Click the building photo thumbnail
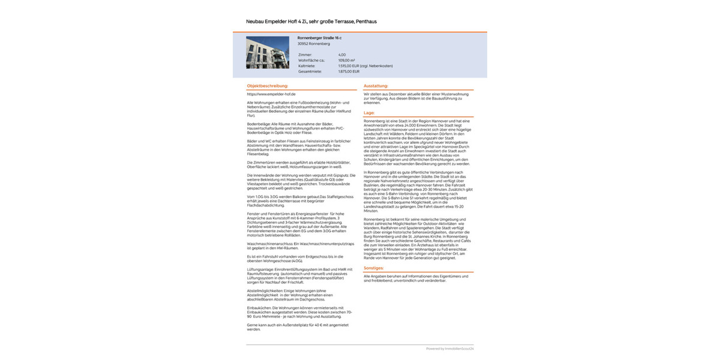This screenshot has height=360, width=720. tap(267, 53)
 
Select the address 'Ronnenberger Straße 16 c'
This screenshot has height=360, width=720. tap(319, 38)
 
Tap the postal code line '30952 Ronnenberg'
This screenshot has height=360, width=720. tap(314, 44)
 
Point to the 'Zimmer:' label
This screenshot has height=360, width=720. tap(305, 55)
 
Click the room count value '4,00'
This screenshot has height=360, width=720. tap(342, 55)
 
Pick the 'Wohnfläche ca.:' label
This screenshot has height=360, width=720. tap(311, 60)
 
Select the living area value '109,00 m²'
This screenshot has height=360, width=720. tap(347, 60)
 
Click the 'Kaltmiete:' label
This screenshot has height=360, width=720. tap(307, 65)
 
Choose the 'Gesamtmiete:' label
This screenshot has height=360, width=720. tap(308, 71)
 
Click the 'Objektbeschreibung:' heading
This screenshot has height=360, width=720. tap(263, 86)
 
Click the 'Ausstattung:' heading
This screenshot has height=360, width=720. tap(376, 86)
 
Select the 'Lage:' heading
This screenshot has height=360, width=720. tap(369, 113)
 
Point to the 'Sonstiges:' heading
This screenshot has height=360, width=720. tap(374, 268)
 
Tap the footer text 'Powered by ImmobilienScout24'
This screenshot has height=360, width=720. tap(449, 349)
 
